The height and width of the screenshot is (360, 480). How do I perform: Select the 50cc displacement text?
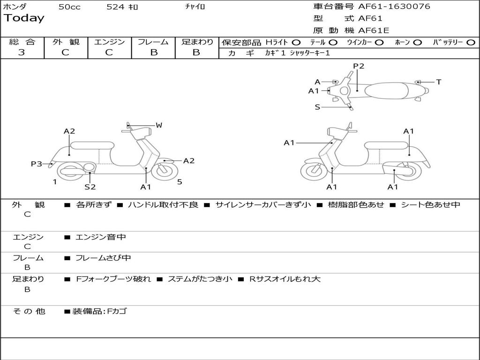69,7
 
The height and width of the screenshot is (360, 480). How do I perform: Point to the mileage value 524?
115,7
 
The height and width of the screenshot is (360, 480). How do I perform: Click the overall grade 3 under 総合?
22,52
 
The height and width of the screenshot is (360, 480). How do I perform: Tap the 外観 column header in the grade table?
66,42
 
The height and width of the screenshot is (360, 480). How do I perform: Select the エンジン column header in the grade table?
109,42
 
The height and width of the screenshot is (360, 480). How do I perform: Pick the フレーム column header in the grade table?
153,42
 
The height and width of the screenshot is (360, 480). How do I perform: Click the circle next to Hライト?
296,42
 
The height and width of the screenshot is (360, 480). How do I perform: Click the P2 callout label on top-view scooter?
359,66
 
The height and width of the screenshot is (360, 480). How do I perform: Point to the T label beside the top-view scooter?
438,82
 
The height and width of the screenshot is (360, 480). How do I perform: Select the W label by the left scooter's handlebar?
159,125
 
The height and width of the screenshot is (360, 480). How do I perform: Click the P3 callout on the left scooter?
37,164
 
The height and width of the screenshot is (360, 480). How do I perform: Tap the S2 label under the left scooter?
90,187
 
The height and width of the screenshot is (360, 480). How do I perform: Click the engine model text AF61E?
374,30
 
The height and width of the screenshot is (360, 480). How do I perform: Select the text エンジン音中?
101,237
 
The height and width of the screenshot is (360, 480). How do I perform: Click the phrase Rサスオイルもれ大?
285,279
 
